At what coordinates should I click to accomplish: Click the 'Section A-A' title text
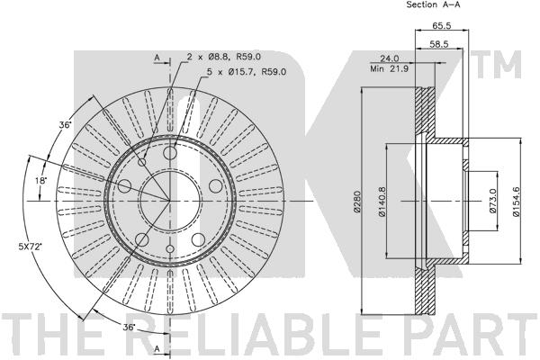point(433,4)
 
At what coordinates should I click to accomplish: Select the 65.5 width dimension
point(442,25)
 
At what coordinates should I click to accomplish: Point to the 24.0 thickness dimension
point(389,58)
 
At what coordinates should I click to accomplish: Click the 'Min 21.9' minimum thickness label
point(389,69)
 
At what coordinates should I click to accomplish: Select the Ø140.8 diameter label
point(383,202)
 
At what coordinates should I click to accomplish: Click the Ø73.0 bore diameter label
point(493,201)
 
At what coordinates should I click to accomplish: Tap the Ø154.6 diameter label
point(516,202)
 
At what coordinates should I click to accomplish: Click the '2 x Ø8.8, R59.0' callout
point(224,56)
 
